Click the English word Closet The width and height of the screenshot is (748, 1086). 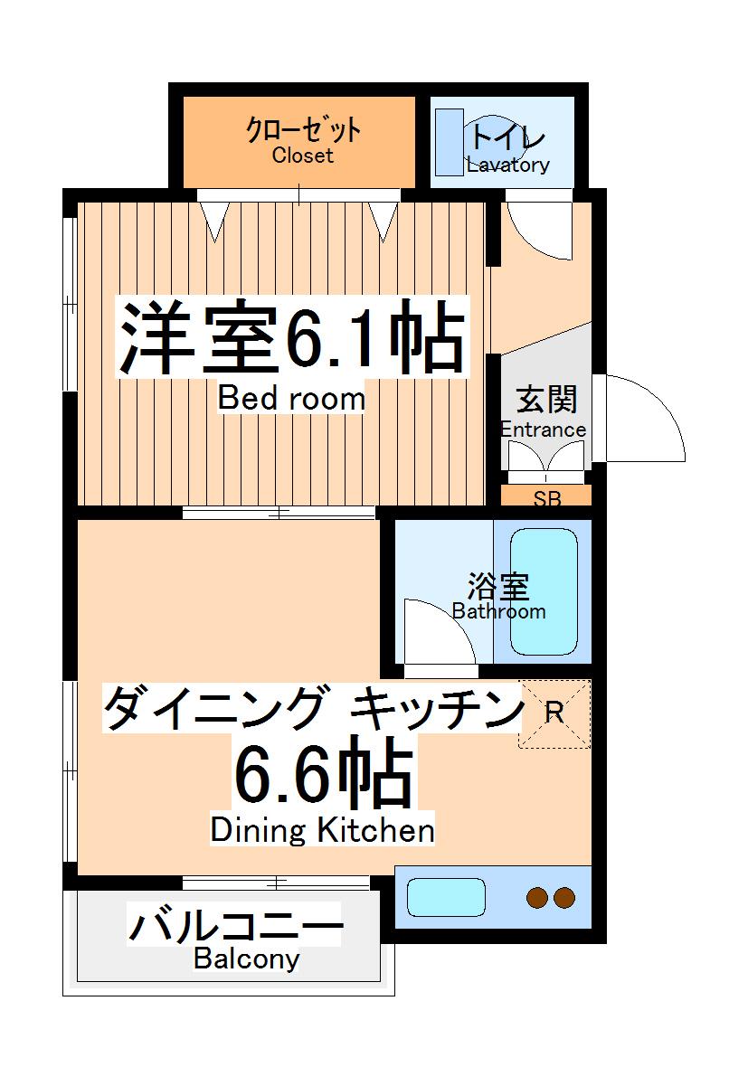coord(303,156)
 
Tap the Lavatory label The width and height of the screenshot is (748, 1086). coord(508,165)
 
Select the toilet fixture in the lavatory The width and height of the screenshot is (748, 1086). coord(449,143)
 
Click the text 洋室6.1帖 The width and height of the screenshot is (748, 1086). coord(293,339)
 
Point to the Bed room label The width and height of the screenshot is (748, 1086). coord(292,399)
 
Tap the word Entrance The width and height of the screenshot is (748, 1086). coord(544,430)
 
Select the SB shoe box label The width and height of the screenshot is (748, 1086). coord(546,496)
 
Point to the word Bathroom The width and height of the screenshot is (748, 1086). coord(499,611)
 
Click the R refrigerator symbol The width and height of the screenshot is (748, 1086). coord(554,713)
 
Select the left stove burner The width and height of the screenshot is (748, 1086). coord(538,898)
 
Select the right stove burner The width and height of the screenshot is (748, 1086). coord(564,898)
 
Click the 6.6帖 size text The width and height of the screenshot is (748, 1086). coord(323,775)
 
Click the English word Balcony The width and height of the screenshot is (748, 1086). coord(246,959)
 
